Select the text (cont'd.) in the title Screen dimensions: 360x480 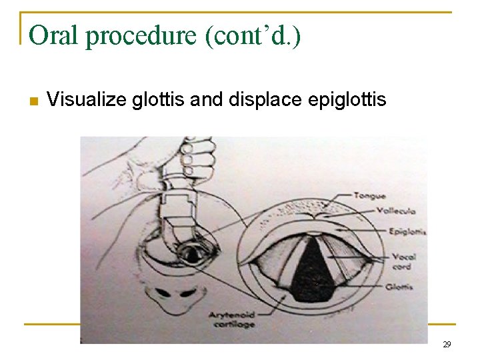(x=254, y=36)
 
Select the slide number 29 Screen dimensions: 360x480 (x=447, y=345)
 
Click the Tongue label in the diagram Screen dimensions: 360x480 (x=369, y=196)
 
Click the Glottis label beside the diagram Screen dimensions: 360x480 (x=398, y=287)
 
